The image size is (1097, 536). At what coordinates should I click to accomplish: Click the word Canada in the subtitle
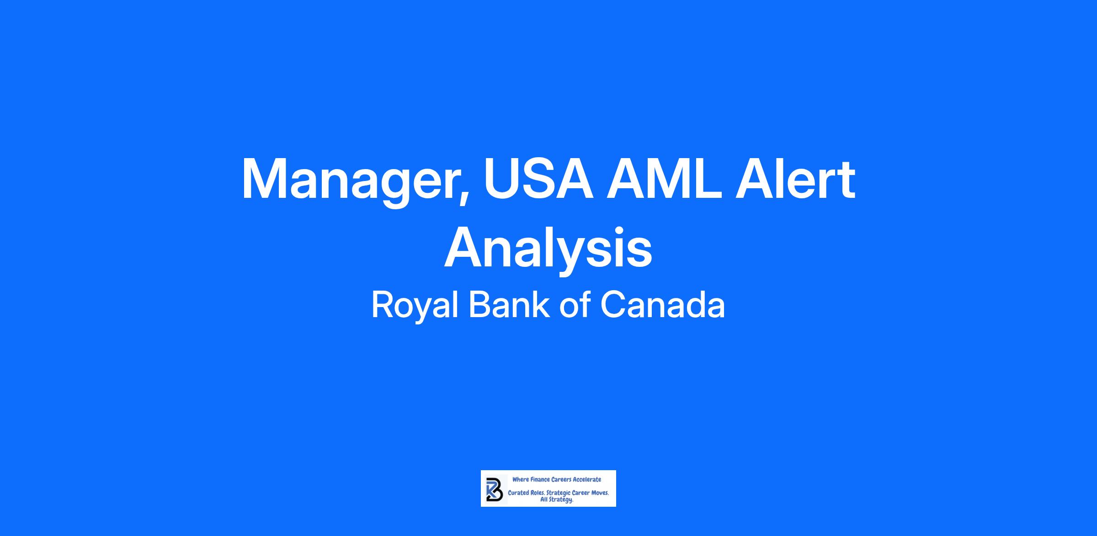662,305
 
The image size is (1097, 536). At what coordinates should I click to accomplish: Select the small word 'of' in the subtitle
574,305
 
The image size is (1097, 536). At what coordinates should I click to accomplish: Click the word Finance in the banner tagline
540,479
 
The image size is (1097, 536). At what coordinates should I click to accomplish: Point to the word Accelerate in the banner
587,479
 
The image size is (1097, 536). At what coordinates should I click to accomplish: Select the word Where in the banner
520,479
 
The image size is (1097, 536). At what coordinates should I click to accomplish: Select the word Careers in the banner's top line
561,479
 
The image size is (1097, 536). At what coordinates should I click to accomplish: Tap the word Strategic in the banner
559,494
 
